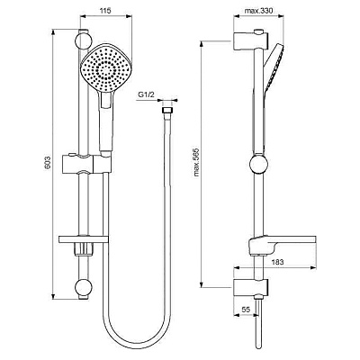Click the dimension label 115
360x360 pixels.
point(104,12)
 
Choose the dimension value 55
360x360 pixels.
point(247,308)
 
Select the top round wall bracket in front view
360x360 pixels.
point(83,40)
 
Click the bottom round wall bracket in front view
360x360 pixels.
point(83,288)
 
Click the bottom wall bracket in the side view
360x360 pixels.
point(244,287)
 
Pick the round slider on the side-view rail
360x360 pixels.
point(257,166)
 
